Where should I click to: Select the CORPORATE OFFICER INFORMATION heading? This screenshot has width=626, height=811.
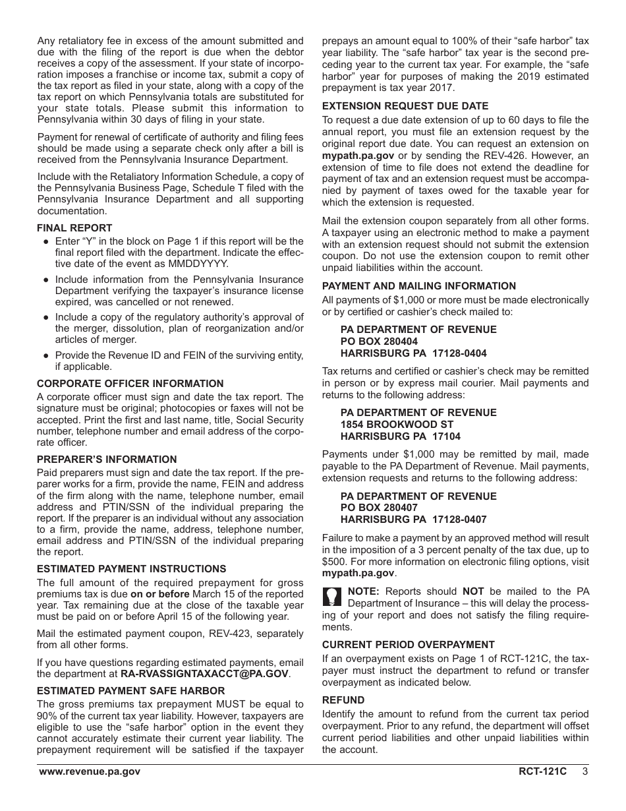130,384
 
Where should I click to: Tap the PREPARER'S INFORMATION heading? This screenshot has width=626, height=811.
107,460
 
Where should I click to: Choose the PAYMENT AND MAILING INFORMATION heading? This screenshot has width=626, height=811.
419,286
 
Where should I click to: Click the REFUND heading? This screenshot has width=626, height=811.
343,700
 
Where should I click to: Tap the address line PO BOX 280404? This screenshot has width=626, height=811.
379,342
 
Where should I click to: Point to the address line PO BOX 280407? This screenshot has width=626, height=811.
379,508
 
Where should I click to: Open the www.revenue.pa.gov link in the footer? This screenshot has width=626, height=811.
89,771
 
